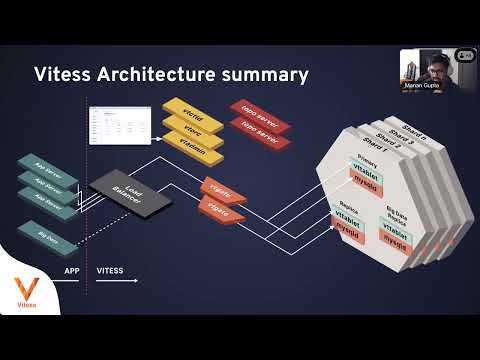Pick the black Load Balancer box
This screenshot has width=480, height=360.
tap(120, 189)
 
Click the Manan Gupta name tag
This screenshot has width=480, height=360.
tap(424, 87)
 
